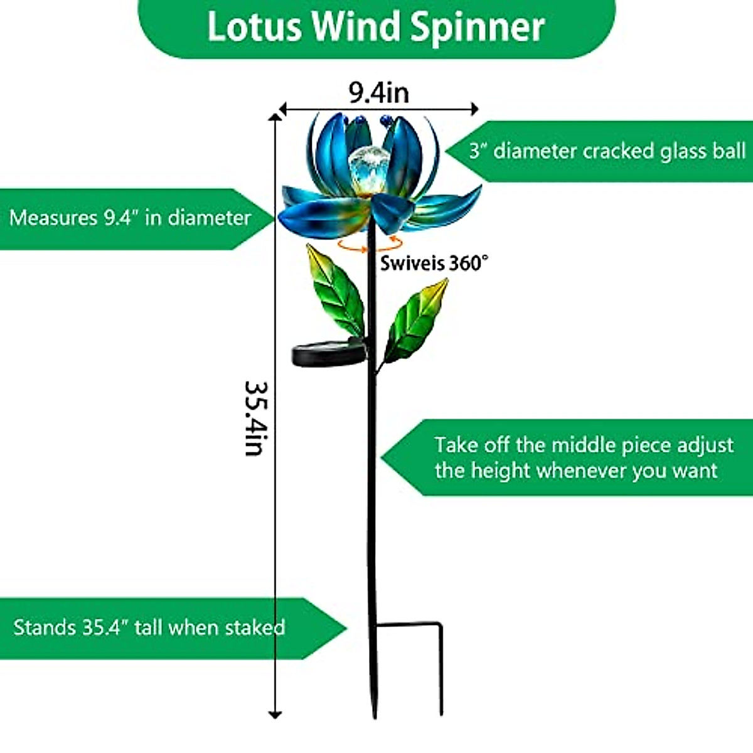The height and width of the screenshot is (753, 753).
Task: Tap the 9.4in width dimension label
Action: (x=379, y=93)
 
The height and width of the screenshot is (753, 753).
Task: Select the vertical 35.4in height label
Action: (x=257, y=418)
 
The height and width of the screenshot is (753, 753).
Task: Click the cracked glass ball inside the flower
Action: (x=368, y=164)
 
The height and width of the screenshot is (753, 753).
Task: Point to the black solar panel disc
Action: (x=329, y=353)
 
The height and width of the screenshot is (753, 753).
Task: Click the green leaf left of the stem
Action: (x=336, y=290)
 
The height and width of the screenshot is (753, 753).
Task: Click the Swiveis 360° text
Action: (x=434, y=262)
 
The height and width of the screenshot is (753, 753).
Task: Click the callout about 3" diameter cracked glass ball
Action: (x=607, y=151)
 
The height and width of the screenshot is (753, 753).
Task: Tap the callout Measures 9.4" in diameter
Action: (x=130, y=218)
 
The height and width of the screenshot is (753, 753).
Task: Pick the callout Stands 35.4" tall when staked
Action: (x=149, y=627)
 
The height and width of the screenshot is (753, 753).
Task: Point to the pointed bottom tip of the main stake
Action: (x=375, y=715)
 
